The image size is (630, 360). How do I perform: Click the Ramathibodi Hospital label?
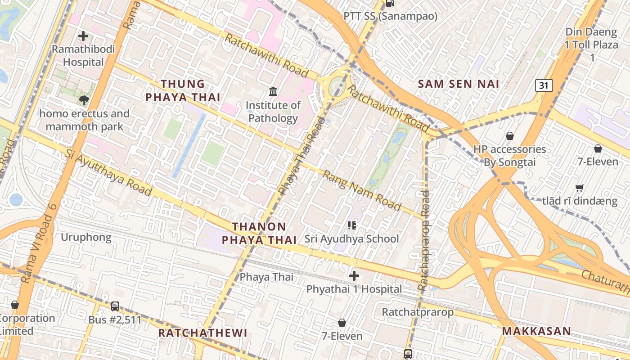[83, 55]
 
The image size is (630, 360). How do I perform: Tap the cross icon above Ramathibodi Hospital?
[83, 36]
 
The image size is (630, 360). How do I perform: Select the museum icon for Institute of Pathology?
[273, 92]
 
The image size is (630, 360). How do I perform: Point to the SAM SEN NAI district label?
[459, 84]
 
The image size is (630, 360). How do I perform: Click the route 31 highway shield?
[544, 85]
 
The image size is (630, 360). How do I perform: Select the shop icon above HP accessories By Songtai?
[510, 135]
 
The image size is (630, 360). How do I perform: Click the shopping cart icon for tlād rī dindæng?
[580, 188]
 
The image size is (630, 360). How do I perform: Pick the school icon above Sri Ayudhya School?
[351, 225]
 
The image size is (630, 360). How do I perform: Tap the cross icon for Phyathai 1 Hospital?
[354, 275]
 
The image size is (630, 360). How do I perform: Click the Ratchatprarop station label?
[418, 312]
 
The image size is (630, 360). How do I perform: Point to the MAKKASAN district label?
[536, 331]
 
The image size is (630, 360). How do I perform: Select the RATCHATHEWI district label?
[203, 333]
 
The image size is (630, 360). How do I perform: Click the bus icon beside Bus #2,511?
[115, 306]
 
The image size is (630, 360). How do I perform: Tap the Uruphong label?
[86, 237]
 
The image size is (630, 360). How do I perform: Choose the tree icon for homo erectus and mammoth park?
[84, 100]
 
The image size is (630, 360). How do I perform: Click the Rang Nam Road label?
[362, 191]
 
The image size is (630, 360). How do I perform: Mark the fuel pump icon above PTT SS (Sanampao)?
[390, 4]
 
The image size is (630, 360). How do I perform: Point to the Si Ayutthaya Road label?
[108, 173]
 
